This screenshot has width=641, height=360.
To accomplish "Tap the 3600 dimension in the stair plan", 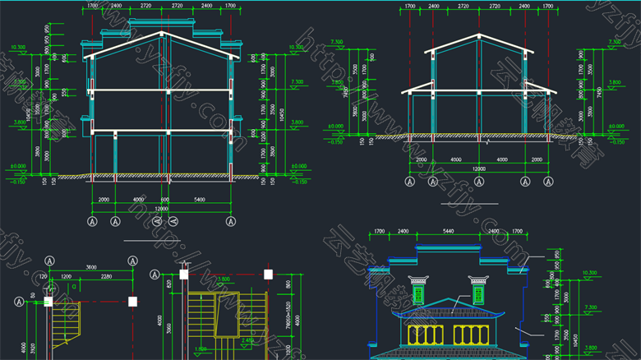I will pyautogui.click(x=91, y=266).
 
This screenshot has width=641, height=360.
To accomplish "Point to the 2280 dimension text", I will pyautogui.click(x=107, y=277).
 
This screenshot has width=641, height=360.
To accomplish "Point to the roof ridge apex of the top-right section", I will pyautogui.click(x=477, y=35).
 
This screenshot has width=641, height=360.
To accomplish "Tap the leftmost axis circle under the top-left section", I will pyautogui.click(x=92, y=221).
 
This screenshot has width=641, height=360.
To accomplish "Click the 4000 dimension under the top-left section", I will pyautogui.click(x=137, y=200).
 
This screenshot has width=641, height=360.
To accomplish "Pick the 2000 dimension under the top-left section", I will pyautogui.click(x=104, y=200).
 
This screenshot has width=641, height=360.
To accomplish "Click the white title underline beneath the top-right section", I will pyautogui.click(x=469, y=202).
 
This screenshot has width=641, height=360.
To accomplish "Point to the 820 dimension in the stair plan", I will pyautogui.click(x=168, y=284).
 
